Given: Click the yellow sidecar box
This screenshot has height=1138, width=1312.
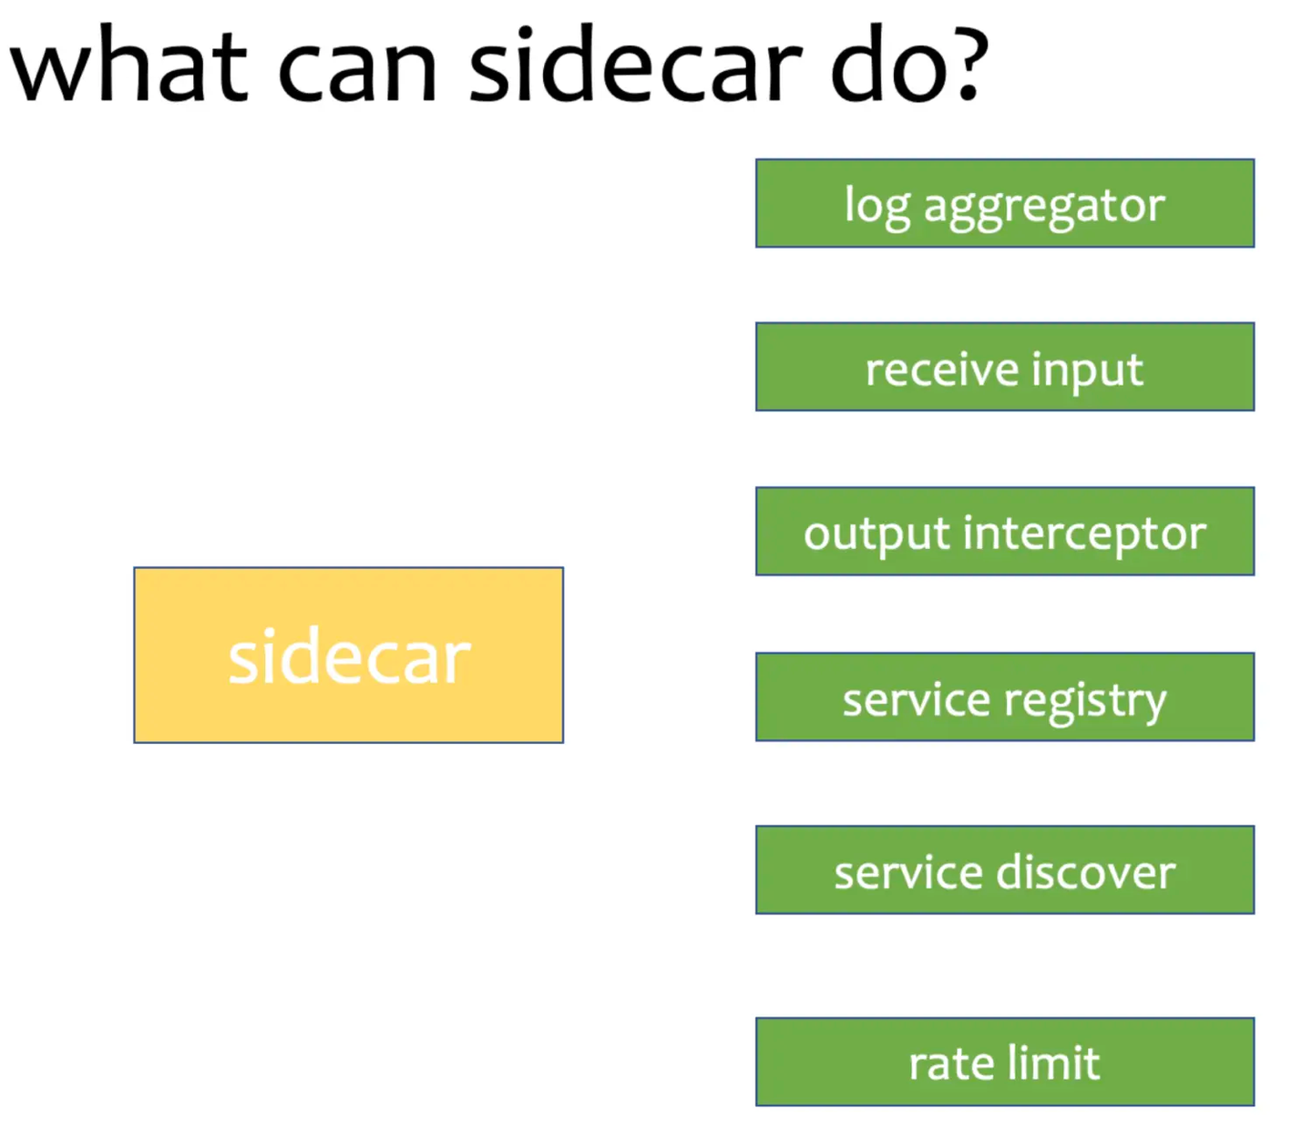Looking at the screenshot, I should [x=348, y=655].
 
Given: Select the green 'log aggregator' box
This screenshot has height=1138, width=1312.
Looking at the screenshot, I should [x=1004, y=203].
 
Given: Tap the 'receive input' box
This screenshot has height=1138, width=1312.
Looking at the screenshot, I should [x=1004, y=367].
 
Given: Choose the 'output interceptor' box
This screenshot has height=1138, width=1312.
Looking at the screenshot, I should [x=1004, y=532].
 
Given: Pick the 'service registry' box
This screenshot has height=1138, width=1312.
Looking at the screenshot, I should [x=1004, y=697].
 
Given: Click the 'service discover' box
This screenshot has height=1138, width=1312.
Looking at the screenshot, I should [x=1004, y=870].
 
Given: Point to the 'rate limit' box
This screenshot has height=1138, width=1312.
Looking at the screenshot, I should [x=1004, y=1062].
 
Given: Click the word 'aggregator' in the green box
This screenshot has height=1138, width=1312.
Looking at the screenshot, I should [x=1044, y=207].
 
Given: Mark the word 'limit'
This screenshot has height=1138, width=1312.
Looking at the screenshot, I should [x=1054, y=1062].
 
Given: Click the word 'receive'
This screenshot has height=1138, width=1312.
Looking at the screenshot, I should [x=942, y=370].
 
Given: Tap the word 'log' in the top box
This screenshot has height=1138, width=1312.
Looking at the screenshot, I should [x=876, y=207].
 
